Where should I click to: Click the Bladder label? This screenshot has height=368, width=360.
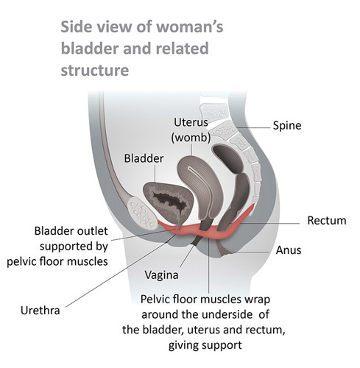coord(144,158)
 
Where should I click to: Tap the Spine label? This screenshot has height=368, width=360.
coord(287,126)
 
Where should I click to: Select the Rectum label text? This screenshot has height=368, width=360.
coord(327,221)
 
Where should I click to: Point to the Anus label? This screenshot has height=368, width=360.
coord(289,250)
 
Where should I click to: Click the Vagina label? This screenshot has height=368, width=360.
coord(161,275)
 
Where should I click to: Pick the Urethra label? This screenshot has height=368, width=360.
coord(40,311)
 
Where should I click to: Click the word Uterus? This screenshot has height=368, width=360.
coord(191,122)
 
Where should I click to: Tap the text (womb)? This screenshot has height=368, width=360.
coord(191,138)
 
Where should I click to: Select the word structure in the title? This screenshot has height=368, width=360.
coord(95,71)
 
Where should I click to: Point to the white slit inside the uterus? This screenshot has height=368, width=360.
coord(197,175)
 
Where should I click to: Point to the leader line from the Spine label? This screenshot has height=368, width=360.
coord(253,127)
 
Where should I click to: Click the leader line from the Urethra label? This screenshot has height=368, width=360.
coord(121,271)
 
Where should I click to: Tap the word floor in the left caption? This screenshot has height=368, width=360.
coord(52,261)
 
